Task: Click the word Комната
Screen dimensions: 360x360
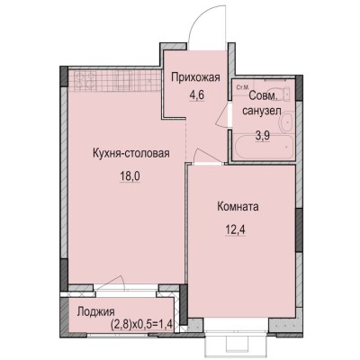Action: [238, 206]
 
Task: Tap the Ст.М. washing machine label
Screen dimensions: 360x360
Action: [241, 87]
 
